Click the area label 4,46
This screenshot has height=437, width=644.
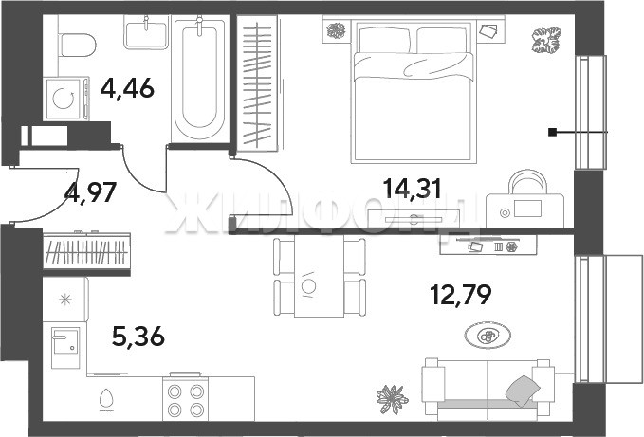coord(127,88)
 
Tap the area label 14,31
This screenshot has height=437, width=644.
coord(412,189)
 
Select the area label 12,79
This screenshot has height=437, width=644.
coord(460,294)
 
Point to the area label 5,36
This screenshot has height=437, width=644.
coord(138,337)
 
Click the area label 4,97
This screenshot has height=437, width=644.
coord(91,191)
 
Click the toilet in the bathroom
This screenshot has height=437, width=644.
coord(78,45)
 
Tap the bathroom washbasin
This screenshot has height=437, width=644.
coord(146,33)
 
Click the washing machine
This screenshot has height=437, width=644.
coord(65,99)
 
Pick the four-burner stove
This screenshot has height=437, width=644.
coord(186,397)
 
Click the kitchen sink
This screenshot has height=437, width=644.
coord(64,347)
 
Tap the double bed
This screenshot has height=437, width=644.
coord(414,92)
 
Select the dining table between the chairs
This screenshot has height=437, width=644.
coord(319,277)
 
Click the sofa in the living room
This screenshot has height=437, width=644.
coord(488,389)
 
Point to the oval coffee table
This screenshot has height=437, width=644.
coord(488,337)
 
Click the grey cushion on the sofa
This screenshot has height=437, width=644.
coord(524,391)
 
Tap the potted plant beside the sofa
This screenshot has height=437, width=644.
coord(393,399)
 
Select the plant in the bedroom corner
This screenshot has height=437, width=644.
coord(546,40)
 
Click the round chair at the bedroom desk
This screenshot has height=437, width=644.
coord(527,182)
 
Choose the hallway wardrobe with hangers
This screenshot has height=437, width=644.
coord(86,251)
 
